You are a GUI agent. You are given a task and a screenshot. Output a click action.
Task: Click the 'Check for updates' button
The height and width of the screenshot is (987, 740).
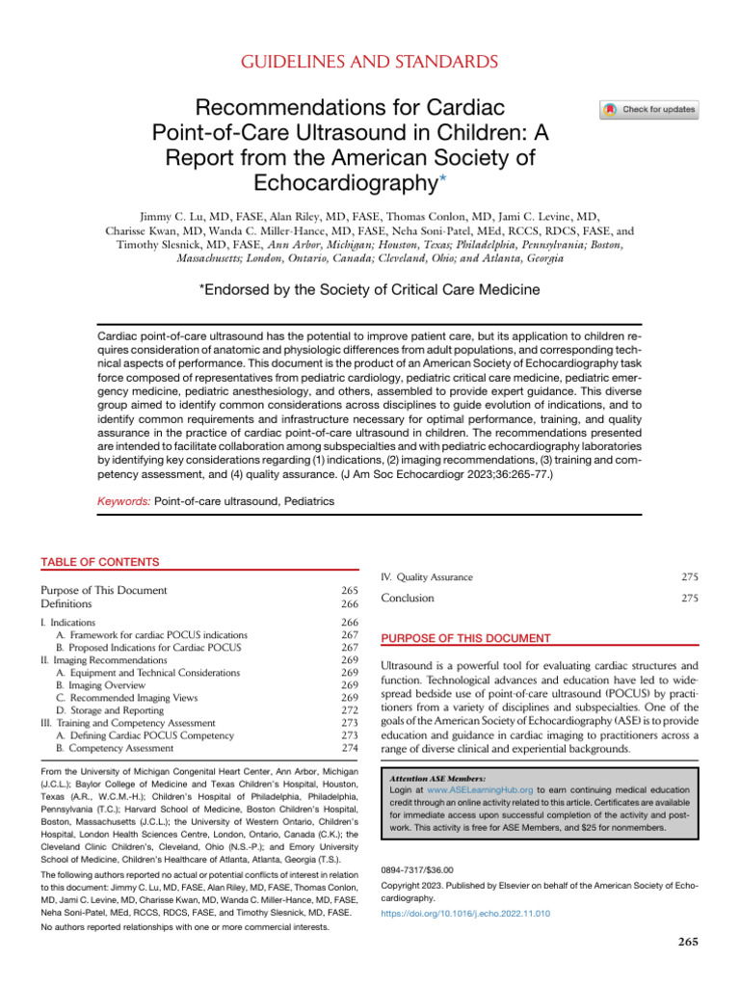click(649, 110)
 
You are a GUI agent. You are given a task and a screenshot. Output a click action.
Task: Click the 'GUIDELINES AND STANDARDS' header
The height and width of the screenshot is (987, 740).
click(370, 63)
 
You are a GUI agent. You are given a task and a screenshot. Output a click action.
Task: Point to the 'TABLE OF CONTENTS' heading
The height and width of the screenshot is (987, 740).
click(99, 562)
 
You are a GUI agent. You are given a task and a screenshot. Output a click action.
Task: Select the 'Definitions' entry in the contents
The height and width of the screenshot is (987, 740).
click(66, 603)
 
